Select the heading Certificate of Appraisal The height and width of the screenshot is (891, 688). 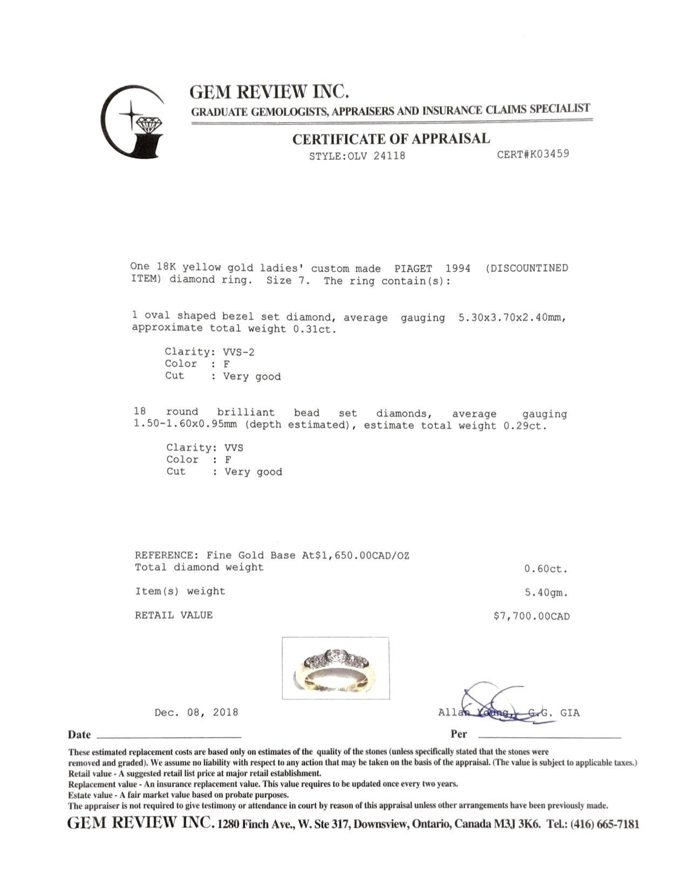(391, 139)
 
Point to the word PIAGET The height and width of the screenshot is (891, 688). (413, 268)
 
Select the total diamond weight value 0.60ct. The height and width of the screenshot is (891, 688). (546, 569)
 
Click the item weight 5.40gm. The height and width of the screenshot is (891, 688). (547, 592)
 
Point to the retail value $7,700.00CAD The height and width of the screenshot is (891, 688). (531, 616)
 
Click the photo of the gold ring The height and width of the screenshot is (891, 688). (336, 668)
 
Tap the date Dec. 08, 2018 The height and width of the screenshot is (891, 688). (196, 712)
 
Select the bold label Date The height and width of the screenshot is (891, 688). (79, 734)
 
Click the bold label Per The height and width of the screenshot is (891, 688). (459, 734)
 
